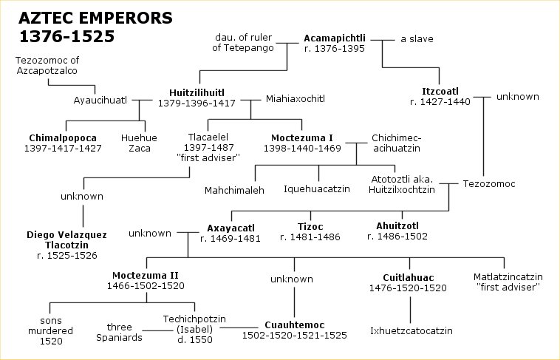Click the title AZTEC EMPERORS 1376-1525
click(66, 27)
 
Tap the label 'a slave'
click(417, 38)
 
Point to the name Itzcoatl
click(440, 92)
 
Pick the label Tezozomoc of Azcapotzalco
click(47, 65)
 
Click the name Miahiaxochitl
click(296, 98)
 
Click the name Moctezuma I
click(304, 137)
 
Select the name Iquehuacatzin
click(319, 189)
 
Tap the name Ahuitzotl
click(397, 226)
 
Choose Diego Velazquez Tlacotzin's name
click(66, 240)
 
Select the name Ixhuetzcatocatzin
click(412, 330)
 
